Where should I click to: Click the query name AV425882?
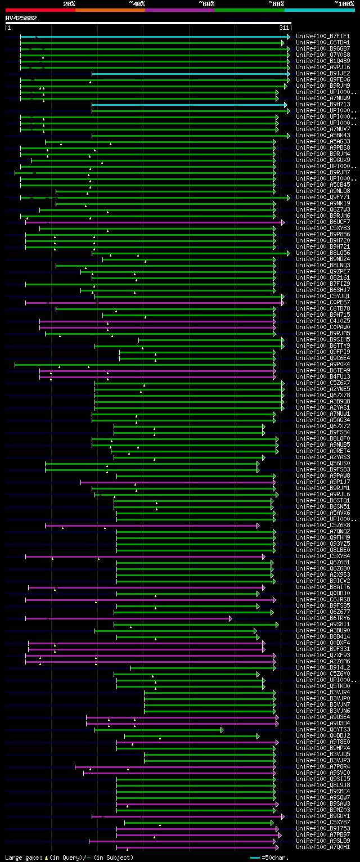click(21, 18)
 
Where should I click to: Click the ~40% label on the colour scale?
click(137, 4)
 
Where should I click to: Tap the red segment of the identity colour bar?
click(40, 10)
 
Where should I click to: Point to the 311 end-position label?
click(283, 28)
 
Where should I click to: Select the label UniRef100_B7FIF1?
click(322, 36)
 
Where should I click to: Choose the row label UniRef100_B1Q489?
click(322, 61)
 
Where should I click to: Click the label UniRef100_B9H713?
click(322, 104)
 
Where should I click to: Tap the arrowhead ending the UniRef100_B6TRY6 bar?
click(231, 618)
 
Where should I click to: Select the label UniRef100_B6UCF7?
click(322, 222)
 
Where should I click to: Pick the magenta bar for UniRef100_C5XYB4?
click(143, 556)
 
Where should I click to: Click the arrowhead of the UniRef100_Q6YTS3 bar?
click(222, 730)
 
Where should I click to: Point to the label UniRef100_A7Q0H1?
click(322, 847)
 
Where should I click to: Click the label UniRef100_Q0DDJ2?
click(322, 735)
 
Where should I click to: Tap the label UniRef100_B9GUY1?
click(322, 816)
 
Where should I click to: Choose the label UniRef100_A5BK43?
click(322, 135)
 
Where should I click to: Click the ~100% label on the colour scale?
click(344, 4)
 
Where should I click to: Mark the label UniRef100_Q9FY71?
click(322, 197)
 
